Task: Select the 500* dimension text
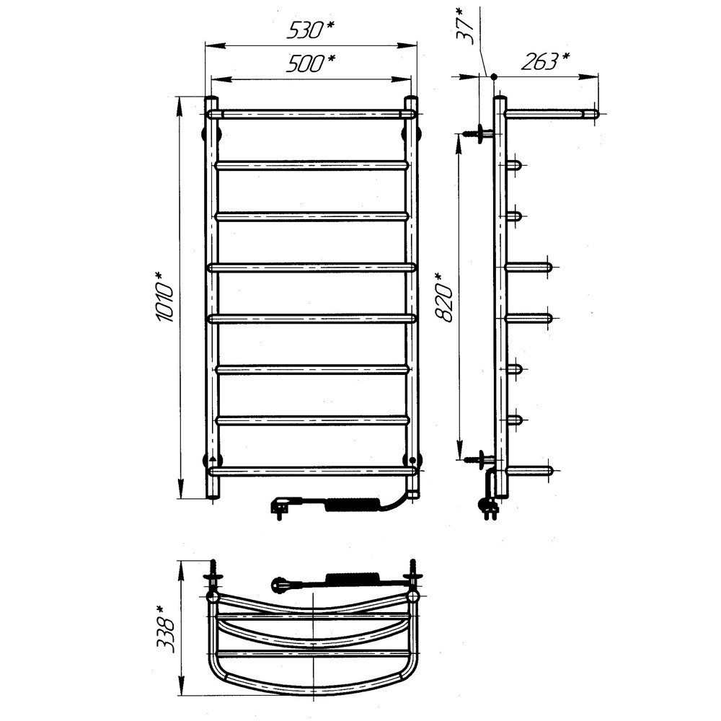[x=310, y=63]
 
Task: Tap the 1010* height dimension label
[x=164, y=297]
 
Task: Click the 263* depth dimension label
[x=545, y=61]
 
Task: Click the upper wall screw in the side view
[x=478, y=133]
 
